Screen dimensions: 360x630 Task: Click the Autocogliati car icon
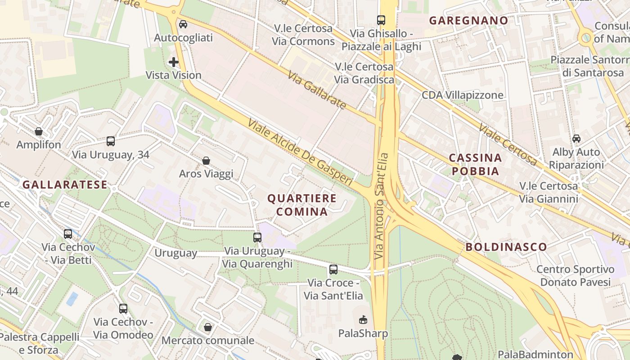pyautogui.click(x=183, y=24)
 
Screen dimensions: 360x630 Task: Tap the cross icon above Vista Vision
pyautogui.click(x=174, y=62)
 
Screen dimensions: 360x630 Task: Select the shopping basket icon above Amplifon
pyautogui.click(x=39, y=131)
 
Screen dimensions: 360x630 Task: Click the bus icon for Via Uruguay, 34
pyautogui.click(x=111, y=141)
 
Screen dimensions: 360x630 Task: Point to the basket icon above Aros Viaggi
pyautogui.click(x=206, y=161)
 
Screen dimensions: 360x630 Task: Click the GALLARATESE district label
pyautogui.click(x=65, y=184)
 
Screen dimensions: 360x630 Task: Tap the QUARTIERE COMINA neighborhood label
pyautogui.click(x=302, y=205)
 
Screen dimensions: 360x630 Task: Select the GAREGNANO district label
pyautogui.click(x=468, y=20)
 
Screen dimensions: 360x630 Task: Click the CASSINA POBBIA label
pyautogui.click(x=476, y=164)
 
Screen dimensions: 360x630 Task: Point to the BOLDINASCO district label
pyautogui.click(x=506, y=247)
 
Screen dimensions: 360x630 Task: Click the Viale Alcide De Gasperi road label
pyautogui.click(x=300, y=152)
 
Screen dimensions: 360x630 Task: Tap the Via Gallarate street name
pyautogui.click(x=317, y=90)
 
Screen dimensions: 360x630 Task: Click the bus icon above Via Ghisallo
pyautogui.click(x=381, y=20)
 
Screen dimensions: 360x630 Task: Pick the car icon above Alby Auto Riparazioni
pyautogui.click(x=576, y=139)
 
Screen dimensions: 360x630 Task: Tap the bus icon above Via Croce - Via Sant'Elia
pyautogui.click(x=333, y=270)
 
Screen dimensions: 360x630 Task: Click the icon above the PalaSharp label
pyautogui.click(x=363, y=320)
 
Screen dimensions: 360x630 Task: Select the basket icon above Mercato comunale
pyautogui.click(x=208, y=327)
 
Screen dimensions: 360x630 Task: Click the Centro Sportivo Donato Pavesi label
pyautogui.click(x=575, y=276)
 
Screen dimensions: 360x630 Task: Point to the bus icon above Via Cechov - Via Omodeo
pyautogui.click(x=123, y=309)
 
